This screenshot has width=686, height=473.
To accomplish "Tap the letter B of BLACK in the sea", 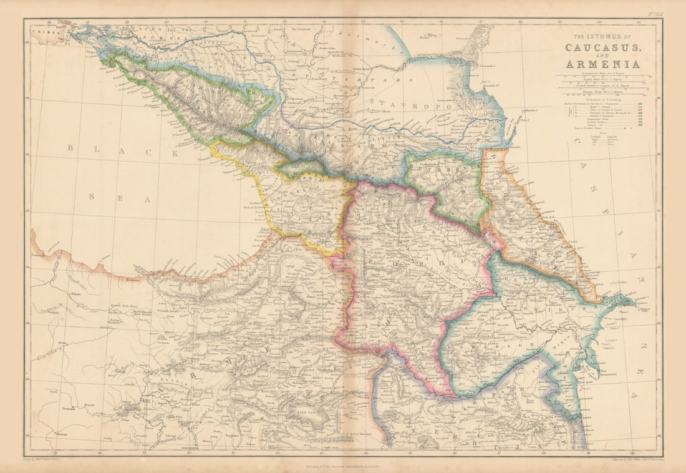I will click(70, 148).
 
